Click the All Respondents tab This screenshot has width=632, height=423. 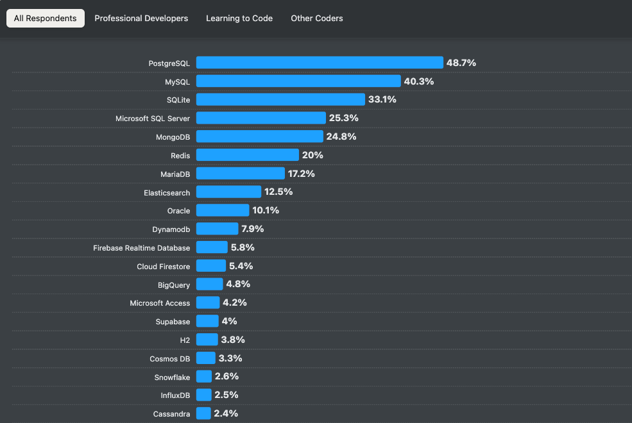click(x=45, y=19)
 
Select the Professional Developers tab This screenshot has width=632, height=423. click(x=141, y=19)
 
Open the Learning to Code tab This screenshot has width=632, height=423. click(x=239, y=19)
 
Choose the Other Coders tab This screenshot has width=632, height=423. click(x=317, y=19)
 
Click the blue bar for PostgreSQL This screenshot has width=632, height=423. click(x=320, y=63)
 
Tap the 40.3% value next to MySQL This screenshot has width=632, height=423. click(x=419, y=81)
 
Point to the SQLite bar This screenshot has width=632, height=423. click(x=280, y=99)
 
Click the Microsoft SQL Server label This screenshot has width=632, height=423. click(x=153, y=119)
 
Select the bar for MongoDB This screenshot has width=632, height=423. click(x=259, y=137)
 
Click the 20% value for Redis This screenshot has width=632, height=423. click(x=312, y=155)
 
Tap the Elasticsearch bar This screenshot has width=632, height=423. click(x=228, y=192)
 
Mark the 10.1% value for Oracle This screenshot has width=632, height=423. click(x=266, y=210)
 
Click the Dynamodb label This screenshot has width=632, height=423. click(x=171, y=229)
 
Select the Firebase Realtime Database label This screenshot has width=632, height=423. click(x=141, y=248)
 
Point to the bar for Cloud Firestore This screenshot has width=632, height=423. click(x=211, y=265)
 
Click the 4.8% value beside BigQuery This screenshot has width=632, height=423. click(x=238, y=284)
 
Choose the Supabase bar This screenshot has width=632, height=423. click(x=207, y=321)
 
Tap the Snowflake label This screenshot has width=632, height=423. click(x=172, y=377)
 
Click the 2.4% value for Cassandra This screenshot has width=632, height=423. click(x=226, y=413)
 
